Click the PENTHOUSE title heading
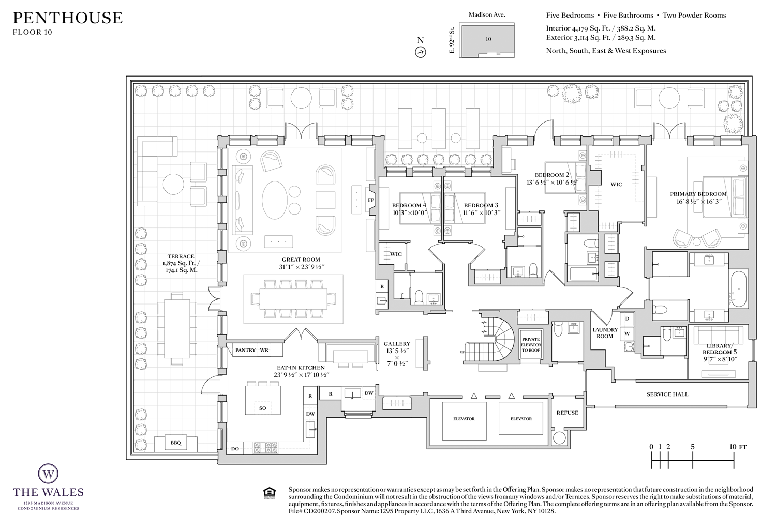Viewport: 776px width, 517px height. click(x=67, y=18)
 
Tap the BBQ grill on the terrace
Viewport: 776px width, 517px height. click(x=176, y=443)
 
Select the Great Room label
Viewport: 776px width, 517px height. click(x=301, y=260)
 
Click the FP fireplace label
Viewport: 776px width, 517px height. click(x=371, y=200)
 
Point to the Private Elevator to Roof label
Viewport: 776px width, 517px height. click(x=531, y=345)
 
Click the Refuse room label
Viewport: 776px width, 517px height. click(x=567, y=413)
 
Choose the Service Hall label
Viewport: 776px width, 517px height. click(x=667, y=394)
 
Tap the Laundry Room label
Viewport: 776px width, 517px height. click(x=605, y=333)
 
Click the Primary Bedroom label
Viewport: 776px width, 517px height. click(x=698, y=194)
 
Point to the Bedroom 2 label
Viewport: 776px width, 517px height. click(x=552, y=175)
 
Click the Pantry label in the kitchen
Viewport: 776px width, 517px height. click(x=245, y=350)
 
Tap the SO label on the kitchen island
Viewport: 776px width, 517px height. click(x=262, y=408)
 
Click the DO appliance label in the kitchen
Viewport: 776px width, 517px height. click(x=235, y=449)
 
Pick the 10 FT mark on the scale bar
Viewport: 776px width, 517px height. click(x=733, y=447)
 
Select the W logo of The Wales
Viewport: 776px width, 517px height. click(x=48, y=473)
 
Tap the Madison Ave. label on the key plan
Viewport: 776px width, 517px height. click(x=487, y=15)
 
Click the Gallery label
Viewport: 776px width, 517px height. click(x=397, y=344)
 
